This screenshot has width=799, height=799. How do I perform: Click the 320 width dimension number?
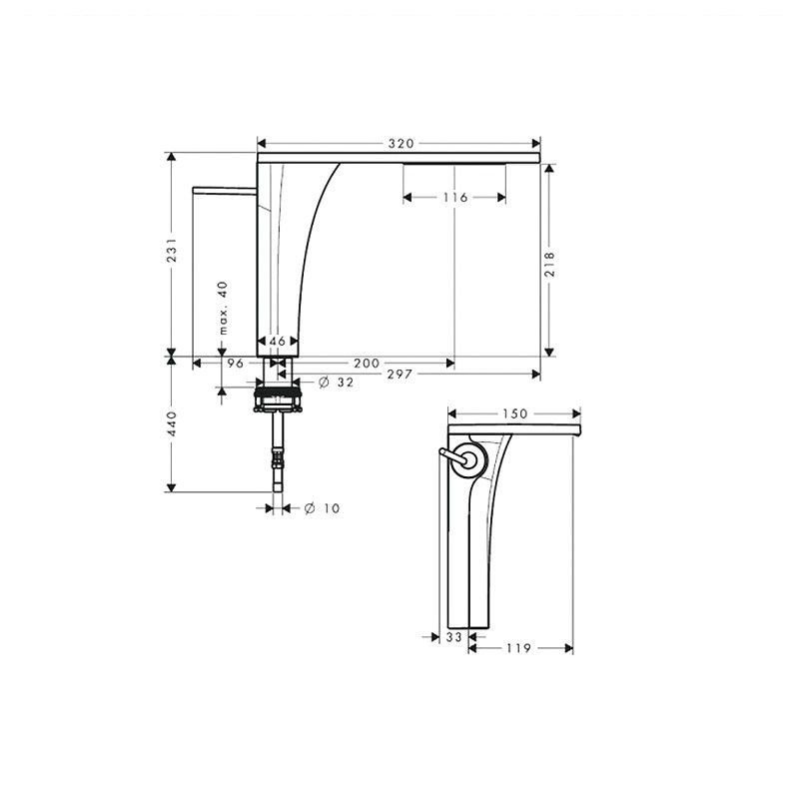point(401,144)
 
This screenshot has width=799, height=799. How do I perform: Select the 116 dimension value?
point(454,197)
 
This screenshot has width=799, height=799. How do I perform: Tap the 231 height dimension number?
point(172,250)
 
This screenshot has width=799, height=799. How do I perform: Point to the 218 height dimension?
point(549,264)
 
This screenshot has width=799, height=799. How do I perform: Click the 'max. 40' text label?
point(223,308)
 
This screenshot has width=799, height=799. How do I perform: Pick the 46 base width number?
point(278,341)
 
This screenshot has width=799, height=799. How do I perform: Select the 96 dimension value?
point(236,364)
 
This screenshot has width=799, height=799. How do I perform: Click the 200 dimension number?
point(367,364)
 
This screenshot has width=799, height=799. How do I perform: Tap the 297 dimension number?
point(399,375)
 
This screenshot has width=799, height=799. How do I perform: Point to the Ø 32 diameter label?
point(336,383)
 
